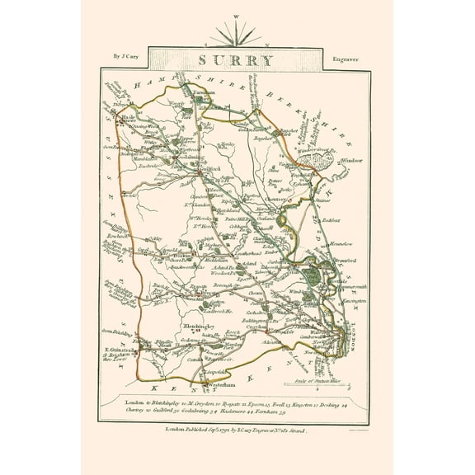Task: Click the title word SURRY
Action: coord(237,59)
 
